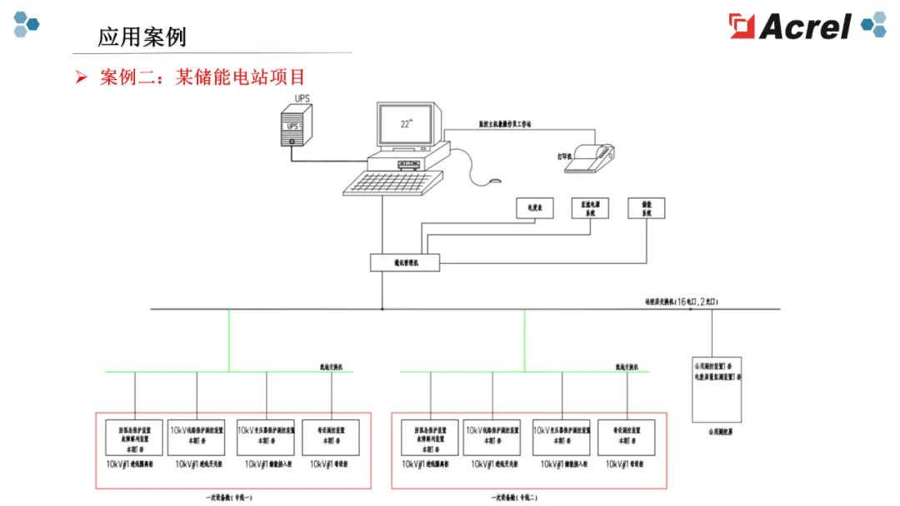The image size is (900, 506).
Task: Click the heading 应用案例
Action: pos(142,37)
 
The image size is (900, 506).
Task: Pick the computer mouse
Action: pos(495,180)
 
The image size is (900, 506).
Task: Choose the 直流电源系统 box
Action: pos(590,208)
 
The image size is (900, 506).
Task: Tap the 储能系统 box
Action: pos(647,208)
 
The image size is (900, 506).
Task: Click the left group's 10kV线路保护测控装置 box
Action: pos(196,436)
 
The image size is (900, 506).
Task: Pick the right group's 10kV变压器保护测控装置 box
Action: pos(562,436)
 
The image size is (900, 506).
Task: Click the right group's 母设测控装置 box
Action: pos(626,436)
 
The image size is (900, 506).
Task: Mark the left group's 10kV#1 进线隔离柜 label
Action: pos(130,464)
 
